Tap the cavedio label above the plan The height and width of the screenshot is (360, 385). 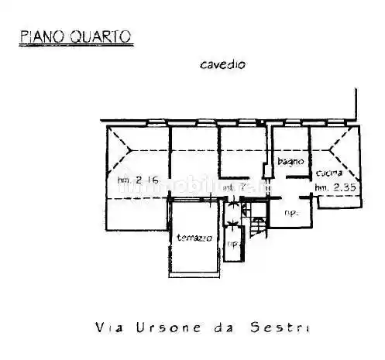coord(222,65)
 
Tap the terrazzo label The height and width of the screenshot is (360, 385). coord(193,238)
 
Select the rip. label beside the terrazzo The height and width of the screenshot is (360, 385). coord(232,246)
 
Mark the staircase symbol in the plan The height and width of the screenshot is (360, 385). coord(256,226)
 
